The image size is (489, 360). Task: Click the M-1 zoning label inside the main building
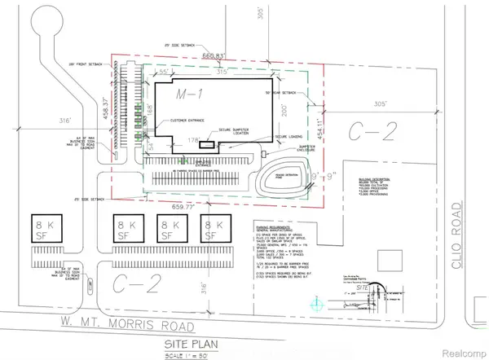[x=190, y=95]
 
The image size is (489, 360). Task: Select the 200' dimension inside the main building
[x=281, y=107]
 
